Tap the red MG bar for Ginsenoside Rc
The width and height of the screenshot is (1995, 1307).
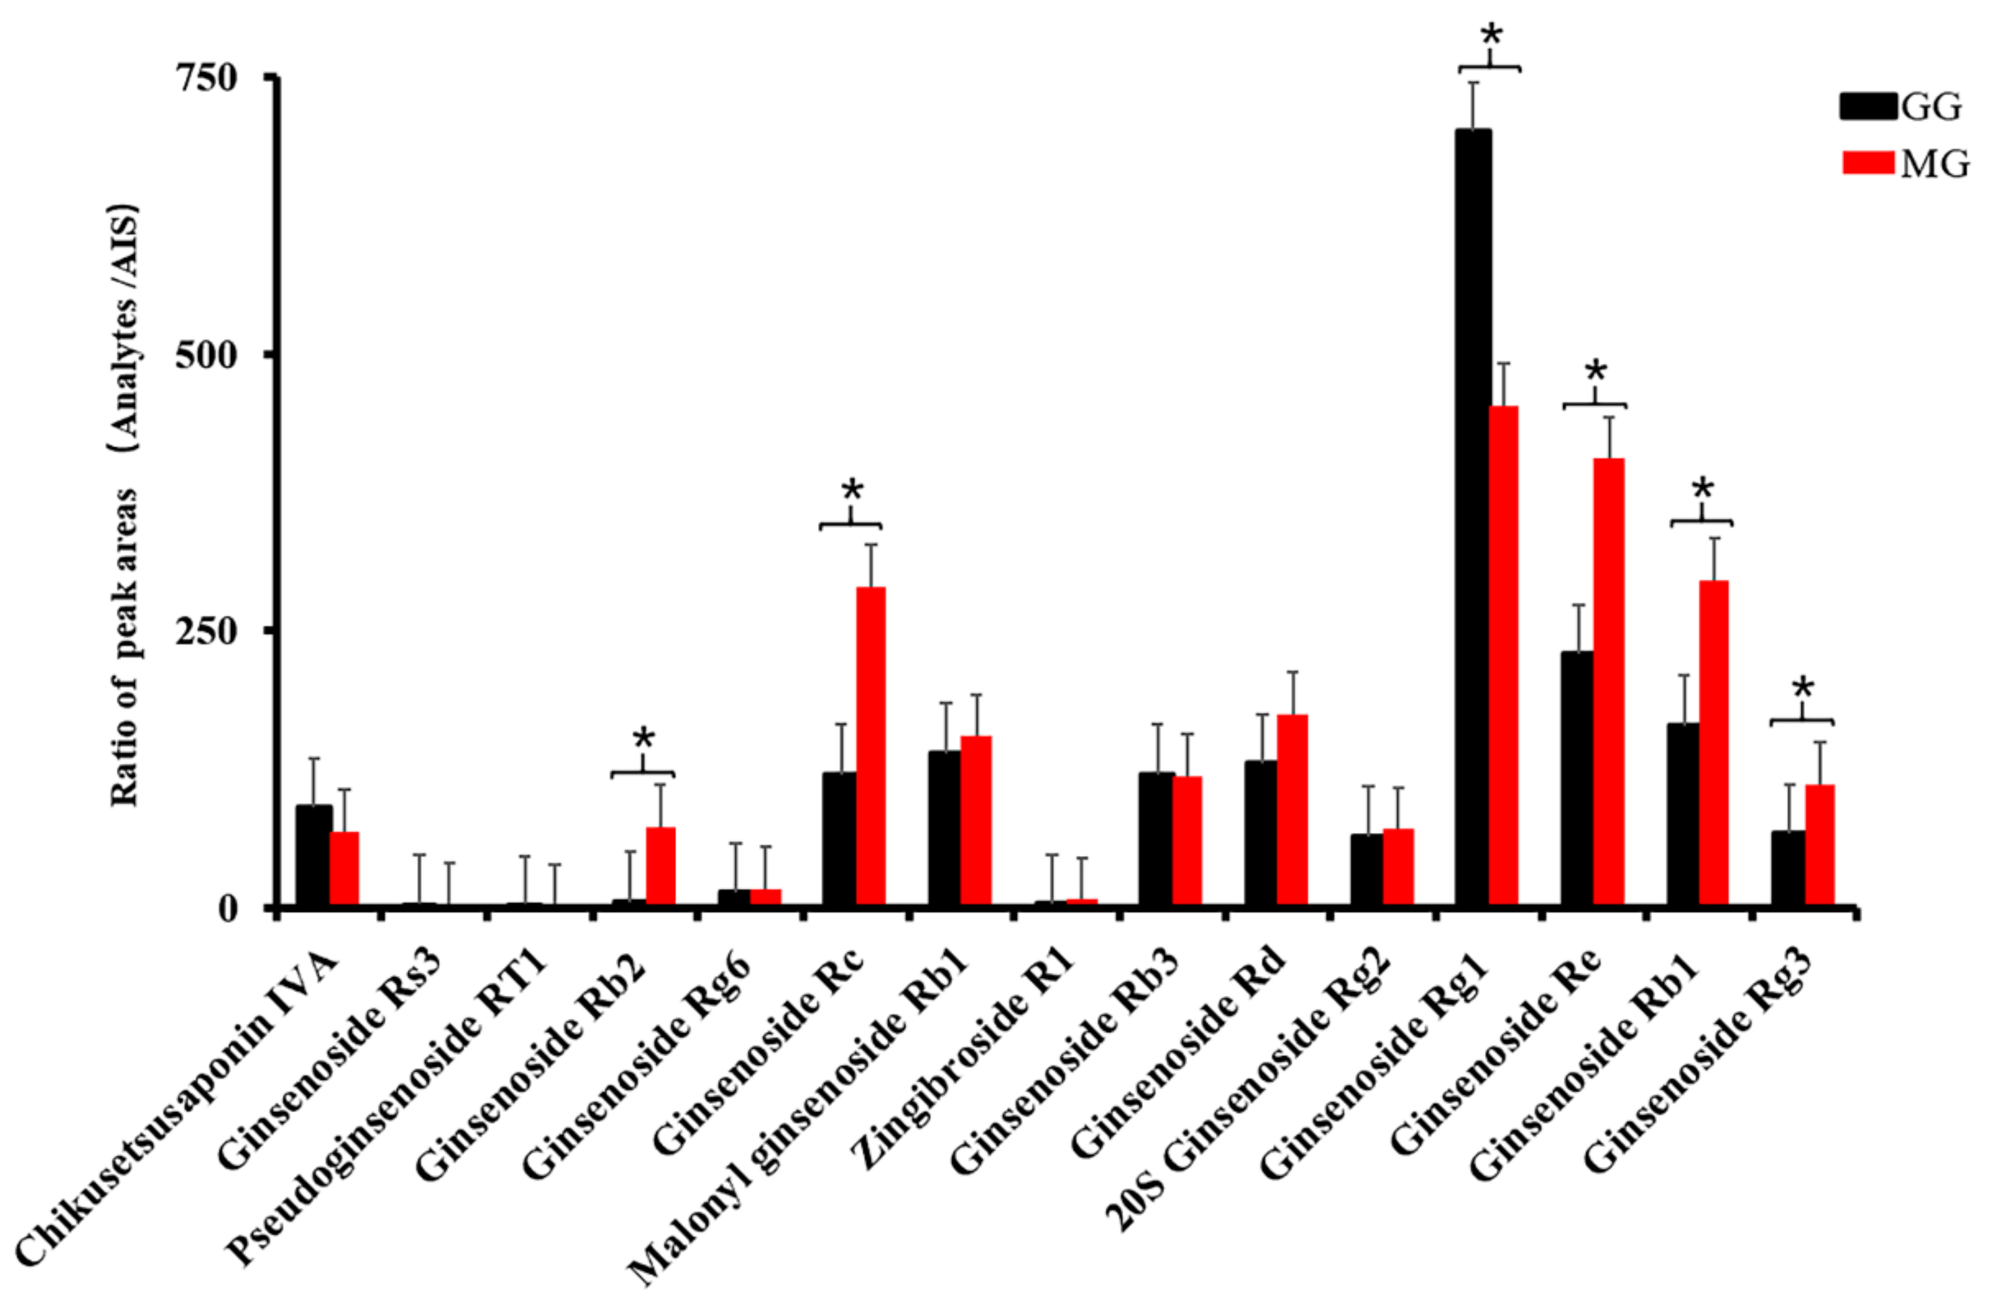[x=870, y=746]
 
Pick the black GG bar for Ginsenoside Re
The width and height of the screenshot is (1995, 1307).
[x=1577, y=779]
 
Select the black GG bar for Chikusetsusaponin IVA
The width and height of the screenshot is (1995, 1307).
[x=314, y=855]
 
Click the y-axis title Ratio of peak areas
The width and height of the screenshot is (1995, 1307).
[x=125, y=507]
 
